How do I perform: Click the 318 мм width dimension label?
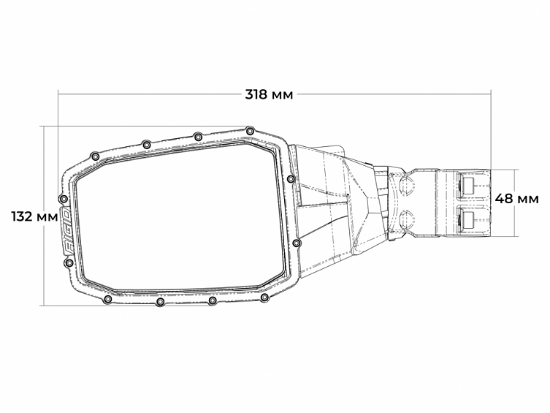(270, 95)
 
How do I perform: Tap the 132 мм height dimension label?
(34, 216)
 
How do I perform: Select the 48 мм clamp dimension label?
(517, 198)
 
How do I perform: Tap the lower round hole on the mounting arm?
(408, 216)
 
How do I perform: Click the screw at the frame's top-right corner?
(251, 131)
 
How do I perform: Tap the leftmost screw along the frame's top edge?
(93, 155)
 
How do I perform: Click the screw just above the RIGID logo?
(64, 199)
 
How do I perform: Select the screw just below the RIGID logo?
(69, 262)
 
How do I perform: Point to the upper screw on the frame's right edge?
(291, 178)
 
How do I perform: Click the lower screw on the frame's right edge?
(295, 242)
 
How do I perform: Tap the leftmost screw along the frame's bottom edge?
(107, 300)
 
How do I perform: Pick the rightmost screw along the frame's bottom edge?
(264, 298)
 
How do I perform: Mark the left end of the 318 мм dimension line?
(58, 94)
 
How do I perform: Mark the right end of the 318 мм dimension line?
(490, 94)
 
